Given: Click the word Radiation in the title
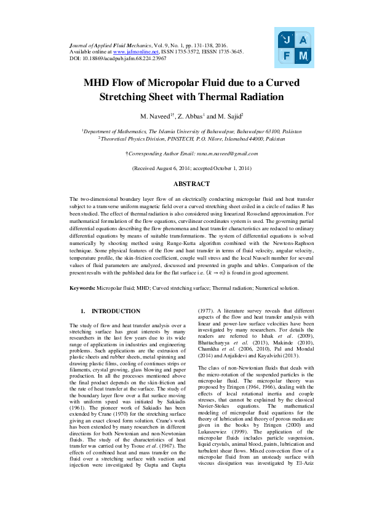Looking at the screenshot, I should point(257,96).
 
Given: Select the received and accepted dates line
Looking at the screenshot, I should point(183,168).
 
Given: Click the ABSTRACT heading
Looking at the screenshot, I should point(183,184).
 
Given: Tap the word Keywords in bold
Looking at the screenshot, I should point(82,287).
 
